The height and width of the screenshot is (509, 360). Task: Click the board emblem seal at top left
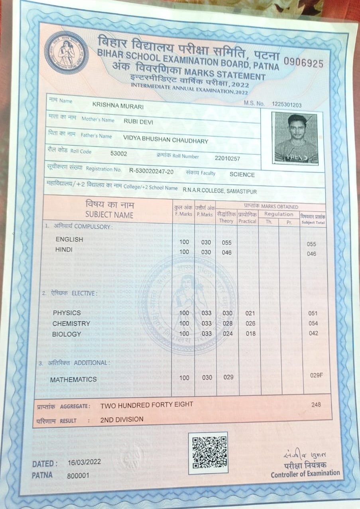pyautogui.click(x=66, y=52)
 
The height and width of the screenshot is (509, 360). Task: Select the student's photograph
pyautogui.click(x=295, y=138)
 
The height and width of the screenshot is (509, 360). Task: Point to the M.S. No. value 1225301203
pyautogui.click(x=287, y=105)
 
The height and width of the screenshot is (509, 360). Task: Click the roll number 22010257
pyautogui.click(x=227, y=158)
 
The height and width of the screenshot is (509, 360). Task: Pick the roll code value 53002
pyautogui.click(x=119, y=154)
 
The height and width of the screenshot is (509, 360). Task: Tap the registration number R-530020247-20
pyautogui.click(x=151, y=171)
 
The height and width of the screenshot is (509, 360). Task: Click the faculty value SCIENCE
pyautogui.click(x=242, y=174)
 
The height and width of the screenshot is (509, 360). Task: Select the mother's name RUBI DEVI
pyautogui.click(x=138, y=122)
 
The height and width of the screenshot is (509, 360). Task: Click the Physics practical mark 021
pyautogui.click(x=250, y=313)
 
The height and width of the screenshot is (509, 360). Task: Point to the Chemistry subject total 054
pyautogui.click(x=313, y=323)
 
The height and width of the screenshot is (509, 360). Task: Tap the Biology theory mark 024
pyautogui.click(x=228, y=333)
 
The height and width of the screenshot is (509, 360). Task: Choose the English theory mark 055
pyautogui.click(x=227, y=243)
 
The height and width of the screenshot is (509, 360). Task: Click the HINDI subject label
pyautogui.click(x=64, y=249)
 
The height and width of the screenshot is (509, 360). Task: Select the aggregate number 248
pyautogui.click(x=316, y=404)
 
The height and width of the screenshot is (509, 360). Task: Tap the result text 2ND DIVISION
pyautogui.click(x=122, y=419)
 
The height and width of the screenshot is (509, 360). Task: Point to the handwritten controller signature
pyautogui.click(x=307, y=454)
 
